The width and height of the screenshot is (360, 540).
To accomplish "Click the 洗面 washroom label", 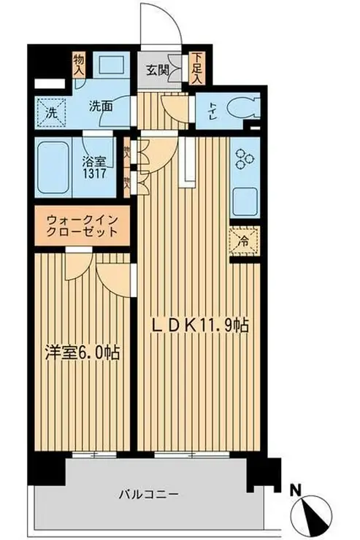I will point(101,105).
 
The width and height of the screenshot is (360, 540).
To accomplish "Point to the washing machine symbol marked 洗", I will point(51,112).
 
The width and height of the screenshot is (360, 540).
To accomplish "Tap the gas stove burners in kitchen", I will point(242,157).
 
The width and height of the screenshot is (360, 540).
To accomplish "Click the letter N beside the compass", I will point(294,489).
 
